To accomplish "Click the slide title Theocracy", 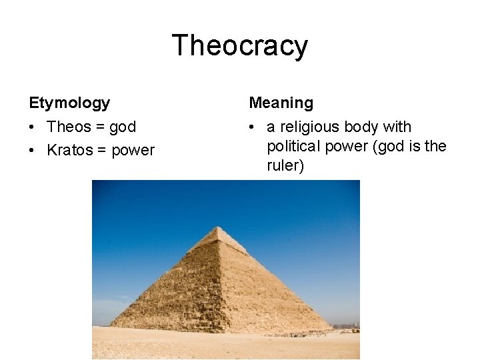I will pyautogui.click(x=240, y=46).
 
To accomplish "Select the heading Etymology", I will pyautogui.click(x=69, y=103).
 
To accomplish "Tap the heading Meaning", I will pyautogui.click(x=281, y=103).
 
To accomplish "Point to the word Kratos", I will pyautogui.click(x=70, y=151).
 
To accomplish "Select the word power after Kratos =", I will pyautogui.click(x=133, y=151).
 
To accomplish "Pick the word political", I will pyautogui.click(x=295, y=146).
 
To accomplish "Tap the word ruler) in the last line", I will pyautogui.click(x=285, y=165).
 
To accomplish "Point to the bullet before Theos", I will pyautogui.click(x=33, y=127).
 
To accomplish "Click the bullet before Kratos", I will pyautogui.click(x=33, y=151).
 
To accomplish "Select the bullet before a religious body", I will pyautogui.click(x=253, y=127).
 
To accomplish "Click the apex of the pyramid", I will pyautogui.click(x=218, y=227).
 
